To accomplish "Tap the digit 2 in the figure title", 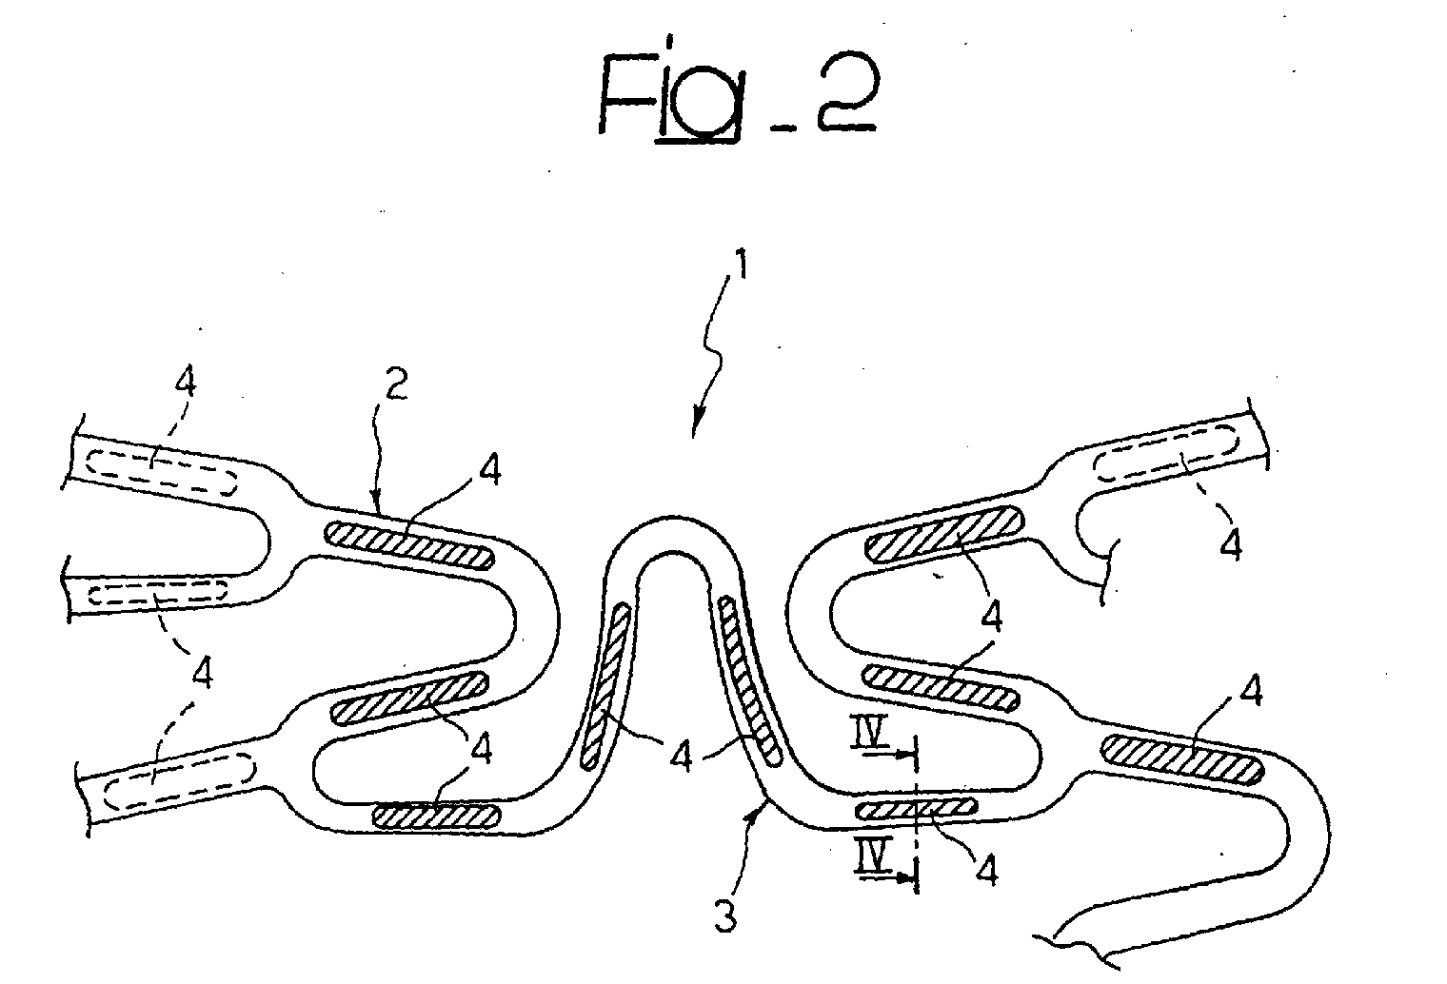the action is tap(846, 91).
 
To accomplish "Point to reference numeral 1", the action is tap(743, 265).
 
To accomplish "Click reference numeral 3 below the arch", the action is tap(725, 916).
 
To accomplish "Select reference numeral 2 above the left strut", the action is tap(397, 383).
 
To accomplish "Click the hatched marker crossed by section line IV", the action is tap(916, 808).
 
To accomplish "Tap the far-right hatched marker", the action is tap(1182, 759).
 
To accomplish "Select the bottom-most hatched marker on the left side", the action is tap(437, 817).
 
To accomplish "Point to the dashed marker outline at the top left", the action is tap(162, 472).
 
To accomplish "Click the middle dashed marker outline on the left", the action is tap(158, 593).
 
